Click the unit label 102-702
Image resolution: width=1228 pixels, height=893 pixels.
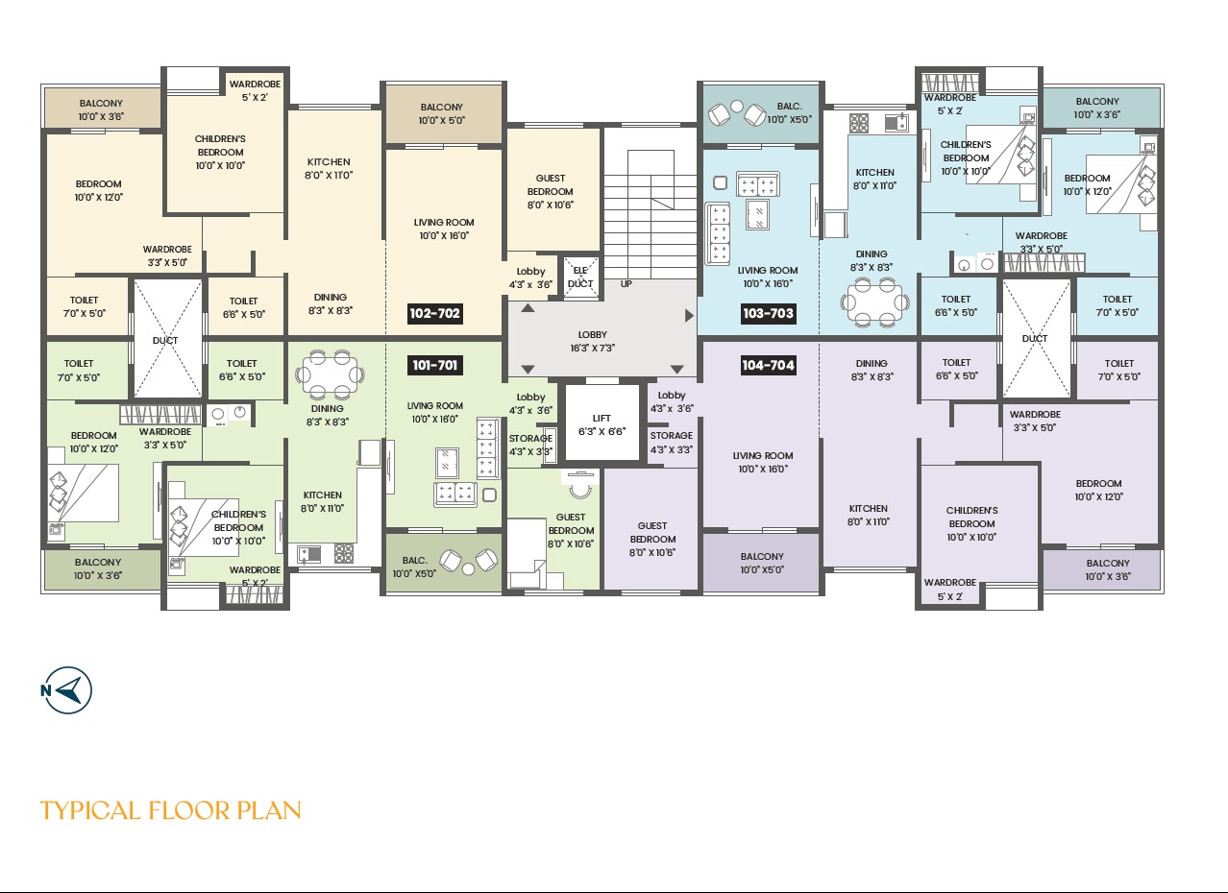point(434,313)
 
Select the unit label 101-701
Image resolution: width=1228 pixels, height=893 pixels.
point(434,365)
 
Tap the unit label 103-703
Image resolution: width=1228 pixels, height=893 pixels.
point(768,313)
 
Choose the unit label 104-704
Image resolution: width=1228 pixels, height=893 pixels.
point(768,365)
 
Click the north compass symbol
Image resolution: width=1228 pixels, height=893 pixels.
point(67,689)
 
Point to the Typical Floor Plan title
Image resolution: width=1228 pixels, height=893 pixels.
point(170,810)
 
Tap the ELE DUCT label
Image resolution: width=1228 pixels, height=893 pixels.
point(580,277)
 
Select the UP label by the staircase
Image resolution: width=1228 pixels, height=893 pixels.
point(626,284)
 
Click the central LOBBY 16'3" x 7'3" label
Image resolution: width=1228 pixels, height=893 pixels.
point(593,341)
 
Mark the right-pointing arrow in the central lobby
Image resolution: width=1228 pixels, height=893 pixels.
point(689,316)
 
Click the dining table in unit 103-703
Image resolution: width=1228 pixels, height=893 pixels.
point(875,302)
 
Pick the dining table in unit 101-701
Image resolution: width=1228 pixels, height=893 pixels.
point(330,374)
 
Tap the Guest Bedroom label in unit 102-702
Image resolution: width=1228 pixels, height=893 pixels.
point(551,191)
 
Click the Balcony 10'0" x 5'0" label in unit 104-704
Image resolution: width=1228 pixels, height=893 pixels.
point(762,563)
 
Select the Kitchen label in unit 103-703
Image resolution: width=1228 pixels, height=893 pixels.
point(875,179)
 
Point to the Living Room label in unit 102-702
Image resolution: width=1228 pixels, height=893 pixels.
point(444,229)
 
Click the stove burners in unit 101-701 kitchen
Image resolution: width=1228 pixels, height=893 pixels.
point(344,553)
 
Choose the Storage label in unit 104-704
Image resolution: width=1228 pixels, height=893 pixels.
point(672,442)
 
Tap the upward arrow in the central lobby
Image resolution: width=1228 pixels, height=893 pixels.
point(528,308)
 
